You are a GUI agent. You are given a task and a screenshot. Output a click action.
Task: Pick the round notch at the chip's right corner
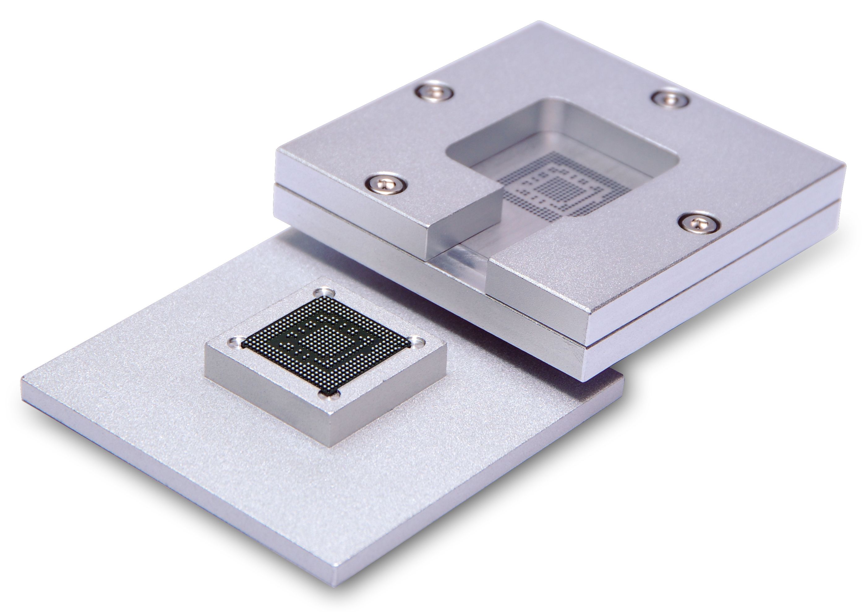coord(417,342)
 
